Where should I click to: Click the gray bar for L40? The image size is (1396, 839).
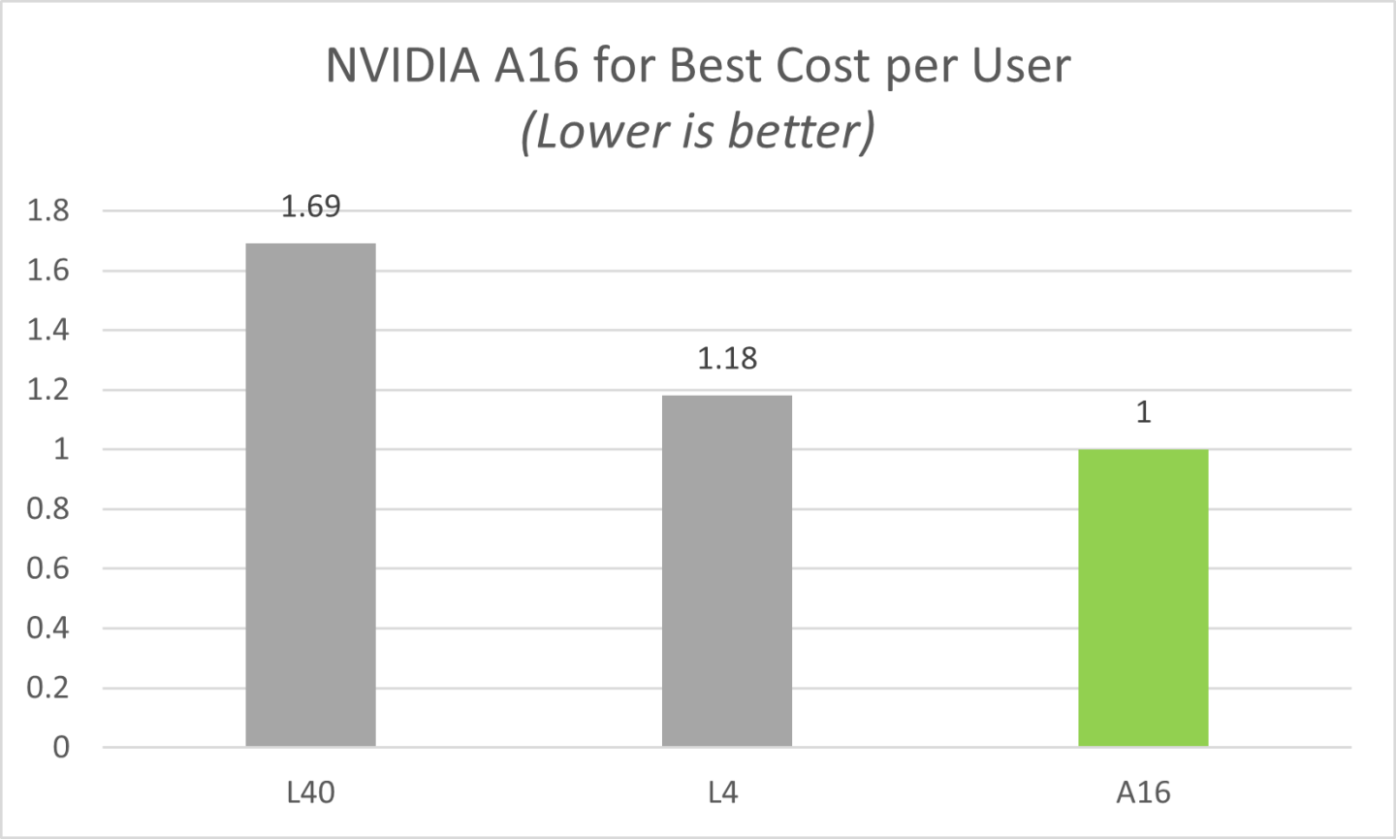(x=310, y=495)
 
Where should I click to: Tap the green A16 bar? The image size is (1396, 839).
(x=1143, y=597)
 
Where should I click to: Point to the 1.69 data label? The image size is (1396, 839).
(x=310, y=207)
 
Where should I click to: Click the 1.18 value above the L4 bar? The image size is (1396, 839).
(x=727, y=359)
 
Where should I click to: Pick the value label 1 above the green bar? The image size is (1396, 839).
(x=1143, y=413)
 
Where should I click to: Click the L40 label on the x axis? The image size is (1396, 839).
(x=310, y=793)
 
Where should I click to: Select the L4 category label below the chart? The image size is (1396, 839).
(x=723, y=793)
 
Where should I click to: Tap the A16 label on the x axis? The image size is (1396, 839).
(x=1143, y=793)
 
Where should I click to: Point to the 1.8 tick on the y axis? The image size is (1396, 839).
(x=48, y=210)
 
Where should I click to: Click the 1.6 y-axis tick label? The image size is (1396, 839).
(x=48, y=271)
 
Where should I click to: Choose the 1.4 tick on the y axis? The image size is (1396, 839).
(x=48, y=330)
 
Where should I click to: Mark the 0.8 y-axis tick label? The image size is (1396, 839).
(x=48, y=509)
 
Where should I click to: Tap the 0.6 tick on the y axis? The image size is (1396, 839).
(x=48, y=568)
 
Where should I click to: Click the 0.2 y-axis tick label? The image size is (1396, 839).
(x=48, y=688)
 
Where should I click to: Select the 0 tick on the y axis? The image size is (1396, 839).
(x=61, y=748)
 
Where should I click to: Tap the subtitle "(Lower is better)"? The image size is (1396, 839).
(x=698, y=132)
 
